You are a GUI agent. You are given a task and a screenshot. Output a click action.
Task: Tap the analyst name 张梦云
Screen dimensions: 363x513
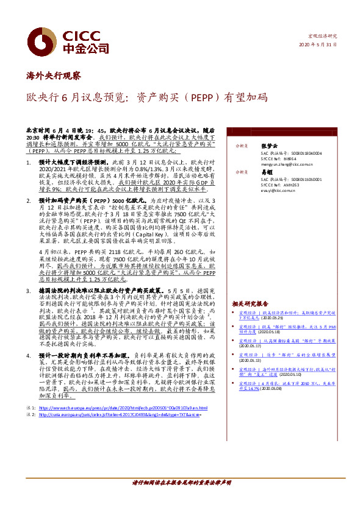point(269,146)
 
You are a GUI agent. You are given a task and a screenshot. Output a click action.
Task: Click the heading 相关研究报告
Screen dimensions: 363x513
point(250,303)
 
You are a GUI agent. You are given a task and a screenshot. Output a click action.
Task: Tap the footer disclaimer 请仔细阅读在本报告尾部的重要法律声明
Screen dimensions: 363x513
point(181,482)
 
